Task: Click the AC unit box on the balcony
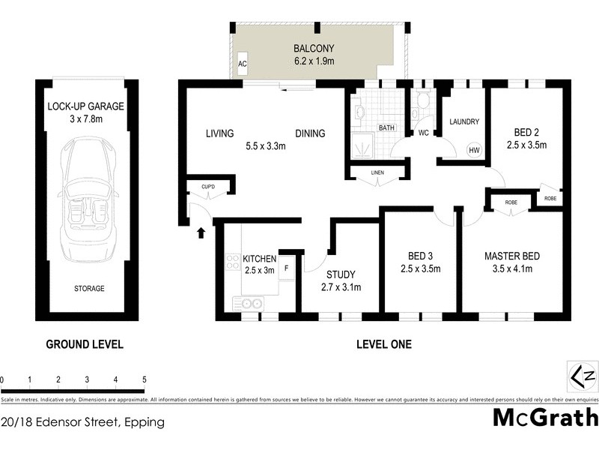tap(242, 64)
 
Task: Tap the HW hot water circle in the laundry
tap(474, 150)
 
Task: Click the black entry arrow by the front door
tap(201, 232)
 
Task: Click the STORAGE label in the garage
tap(88, 289)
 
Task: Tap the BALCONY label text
tap(314, 49)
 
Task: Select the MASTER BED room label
tap(511, 256)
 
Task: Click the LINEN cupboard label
tap(377, 174)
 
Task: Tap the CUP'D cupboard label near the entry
tap(208, 186)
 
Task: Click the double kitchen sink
tap(247, 303)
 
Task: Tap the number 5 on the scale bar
tap(144, 379)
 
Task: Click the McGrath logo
tap(544, 418)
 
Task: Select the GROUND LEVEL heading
tap(85, 345)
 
